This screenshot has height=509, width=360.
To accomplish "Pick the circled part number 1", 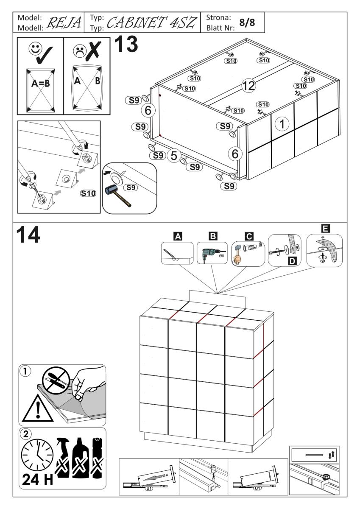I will click(282, 124).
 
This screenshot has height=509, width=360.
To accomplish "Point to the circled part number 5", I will click(173, 156).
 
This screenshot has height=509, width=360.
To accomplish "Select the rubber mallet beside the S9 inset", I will click(118, 195).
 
